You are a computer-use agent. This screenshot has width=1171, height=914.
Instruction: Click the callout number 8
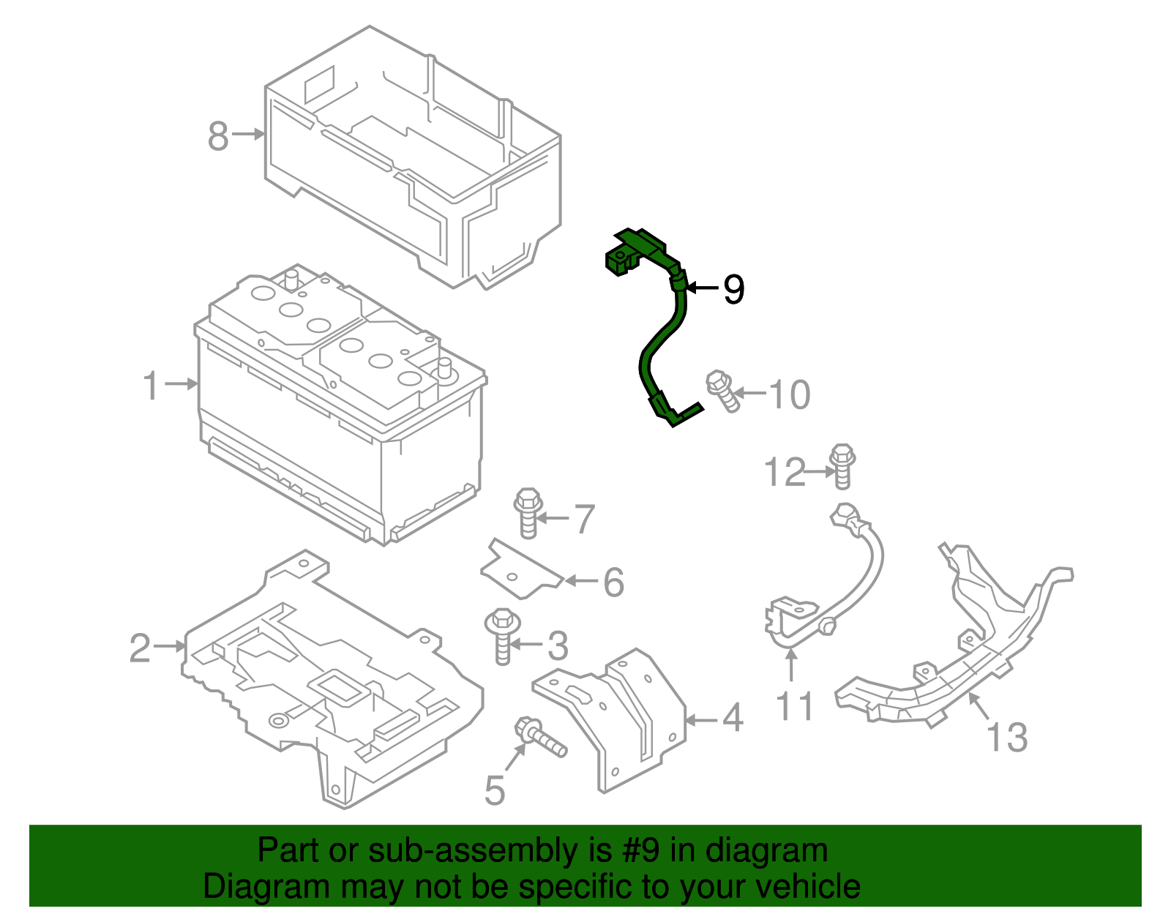[x=218, y=136]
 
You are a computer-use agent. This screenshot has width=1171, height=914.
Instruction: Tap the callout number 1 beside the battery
[x=151, y=386]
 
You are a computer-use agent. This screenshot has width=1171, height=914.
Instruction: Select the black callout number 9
[x=733, y=290]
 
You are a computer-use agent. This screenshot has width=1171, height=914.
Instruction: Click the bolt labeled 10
[x=722, y=391]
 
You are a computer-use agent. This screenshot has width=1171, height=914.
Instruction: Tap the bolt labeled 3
[x=502, y=634]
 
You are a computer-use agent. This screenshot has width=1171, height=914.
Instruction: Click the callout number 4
[x=733, y=719]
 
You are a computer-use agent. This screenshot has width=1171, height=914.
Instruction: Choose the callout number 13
[x=1007, y=737]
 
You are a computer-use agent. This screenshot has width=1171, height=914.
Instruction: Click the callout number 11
[x=794, y=707]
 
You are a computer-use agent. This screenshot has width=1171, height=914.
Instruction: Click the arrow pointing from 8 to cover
[x=249, y=134]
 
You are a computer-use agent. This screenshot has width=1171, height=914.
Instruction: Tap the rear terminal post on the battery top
[x=291, y=279]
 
